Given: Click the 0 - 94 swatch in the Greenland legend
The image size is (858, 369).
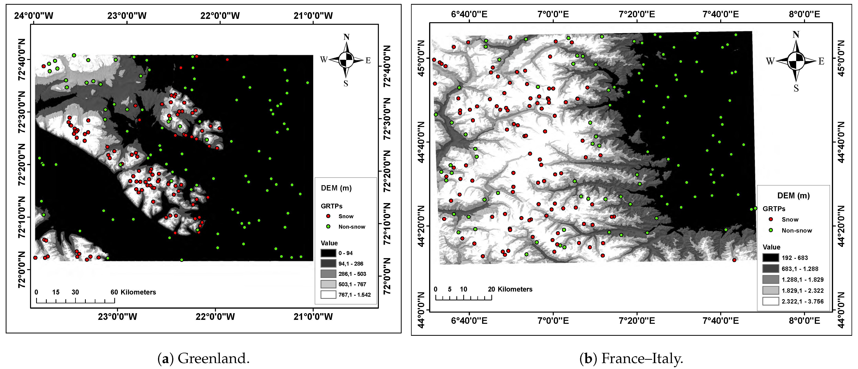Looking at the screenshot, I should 328,253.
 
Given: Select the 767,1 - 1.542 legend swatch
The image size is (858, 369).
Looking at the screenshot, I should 328,295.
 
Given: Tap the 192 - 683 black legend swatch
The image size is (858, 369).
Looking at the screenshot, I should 770,258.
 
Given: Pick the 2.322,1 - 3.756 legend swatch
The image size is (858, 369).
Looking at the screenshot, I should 770,301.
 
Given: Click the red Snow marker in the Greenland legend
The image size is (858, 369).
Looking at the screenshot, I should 328,216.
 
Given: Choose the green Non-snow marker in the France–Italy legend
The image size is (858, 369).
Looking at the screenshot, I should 770,230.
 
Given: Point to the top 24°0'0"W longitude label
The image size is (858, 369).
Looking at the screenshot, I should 34,16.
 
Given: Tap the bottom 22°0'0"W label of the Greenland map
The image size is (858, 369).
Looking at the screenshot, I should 215,317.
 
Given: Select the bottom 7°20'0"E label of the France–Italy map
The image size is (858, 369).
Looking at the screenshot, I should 637,321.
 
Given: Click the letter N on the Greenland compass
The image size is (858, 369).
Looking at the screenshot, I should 346,37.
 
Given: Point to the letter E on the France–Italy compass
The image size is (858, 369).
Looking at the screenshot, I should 821,61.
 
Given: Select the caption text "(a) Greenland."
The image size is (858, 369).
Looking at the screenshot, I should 204,359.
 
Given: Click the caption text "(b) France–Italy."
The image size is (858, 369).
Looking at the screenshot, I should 631,359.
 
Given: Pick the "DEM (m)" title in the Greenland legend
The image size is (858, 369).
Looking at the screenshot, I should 336,188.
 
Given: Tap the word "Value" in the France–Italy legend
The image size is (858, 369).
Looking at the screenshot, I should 771,247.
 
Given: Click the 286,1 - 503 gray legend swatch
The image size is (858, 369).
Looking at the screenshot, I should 328,274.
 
